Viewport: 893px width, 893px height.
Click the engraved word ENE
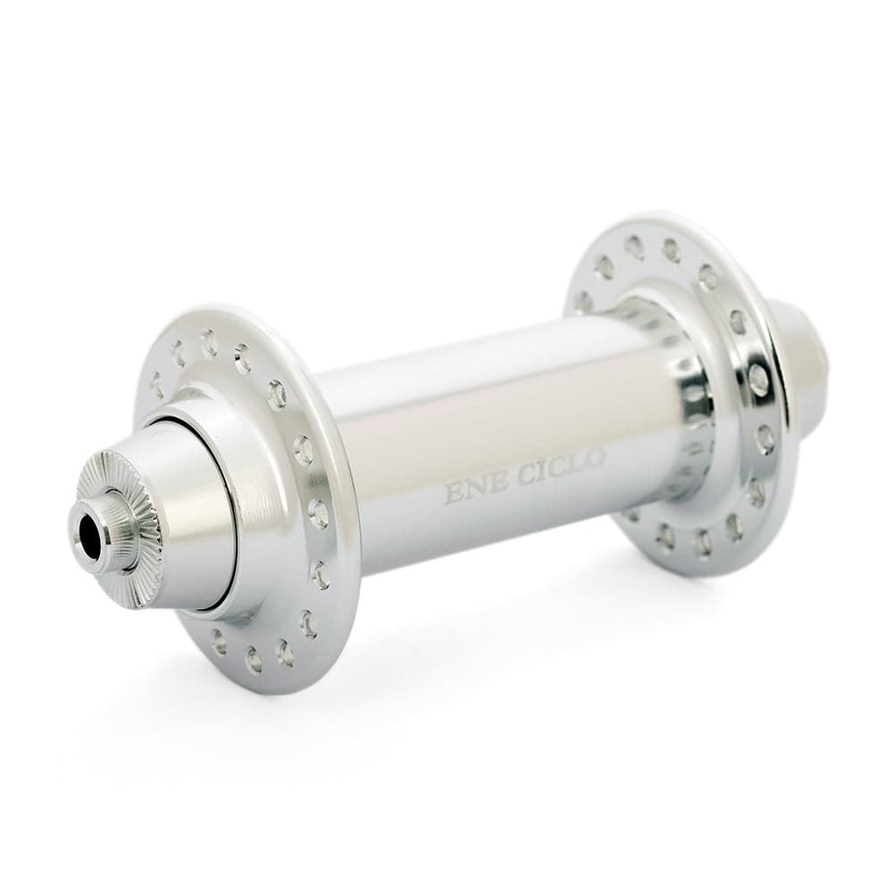471,490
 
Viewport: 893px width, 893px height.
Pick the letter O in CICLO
595,455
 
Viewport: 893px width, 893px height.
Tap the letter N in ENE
471,490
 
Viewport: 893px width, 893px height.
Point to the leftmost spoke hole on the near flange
157,385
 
